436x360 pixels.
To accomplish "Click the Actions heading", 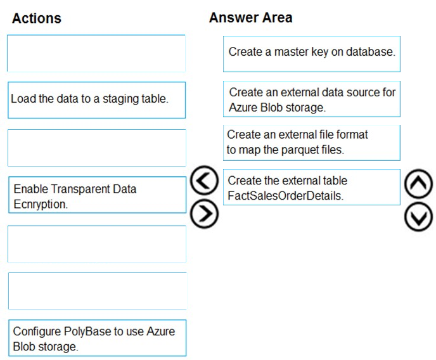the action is tap(36, 18).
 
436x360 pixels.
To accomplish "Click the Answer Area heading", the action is tap(250, 18).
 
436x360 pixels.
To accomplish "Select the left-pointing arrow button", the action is tap(204, 180).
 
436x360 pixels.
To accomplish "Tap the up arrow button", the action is tap(418, 183).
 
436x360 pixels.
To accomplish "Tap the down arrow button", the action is tap(418, 217).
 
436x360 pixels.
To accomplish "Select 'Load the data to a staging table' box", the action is tap(97, 100).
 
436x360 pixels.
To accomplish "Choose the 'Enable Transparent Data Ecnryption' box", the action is tap(98, 195).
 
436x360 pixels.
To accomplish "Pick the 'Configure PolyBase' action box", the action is tap(98, 338).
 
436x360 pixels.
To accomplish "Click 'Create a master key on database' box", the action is tap(312, 55).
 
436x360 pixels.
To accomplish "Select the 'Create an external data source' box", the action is tap(312, 100).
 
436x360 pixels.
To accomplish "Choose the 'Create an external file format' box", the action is tap(312, 143).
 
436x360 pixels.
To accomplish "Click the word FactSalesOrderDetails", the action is tap(286, 196).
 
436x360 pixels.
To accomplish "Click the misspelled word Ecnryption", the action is tap(41, 204).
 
